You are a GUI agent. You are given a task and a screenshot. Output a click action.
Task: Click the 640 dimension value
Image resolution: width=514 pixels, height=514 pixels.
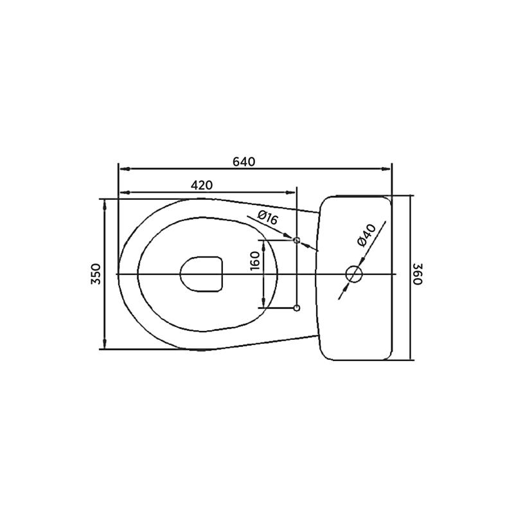tap(244, 162)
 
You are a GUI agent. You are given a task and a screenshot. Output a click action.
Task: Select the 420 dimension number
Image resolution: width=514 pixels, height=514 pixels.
tap(202, 185)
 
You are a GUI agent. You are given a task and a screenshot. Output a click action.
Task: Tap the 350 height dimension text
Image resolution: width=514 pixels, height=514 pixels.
tap(96, 274)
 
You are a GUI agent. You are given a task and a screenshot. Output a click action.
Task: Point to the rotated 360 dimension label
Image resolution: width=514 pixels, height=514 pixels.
tap(418, 274)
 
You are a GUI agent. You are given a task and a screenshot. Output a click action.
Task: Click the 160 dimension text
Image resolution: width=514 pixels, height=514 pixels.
tap(255, 261)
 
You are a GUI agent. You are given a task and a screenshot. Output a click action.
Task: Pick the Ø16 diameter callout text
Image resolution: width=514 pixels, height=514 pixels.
tap(267, 217)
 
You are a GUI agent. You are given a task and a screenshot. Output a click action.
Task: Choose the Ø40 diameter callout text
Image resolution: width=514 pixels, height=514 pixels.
tap(367, 235)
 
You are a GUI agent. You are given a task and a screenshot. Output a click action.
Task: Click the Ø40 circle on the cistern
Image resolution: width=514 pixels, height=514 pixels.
tap(354, 274)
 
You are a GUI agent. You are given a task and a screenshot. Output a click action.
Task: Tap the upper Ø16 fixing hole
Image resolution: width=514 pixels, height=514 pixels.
tap(296, 240)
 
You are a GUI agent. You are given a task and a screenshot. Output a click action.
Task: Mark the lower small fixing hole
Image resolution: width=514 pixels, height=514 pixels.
tap(296, 308)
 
